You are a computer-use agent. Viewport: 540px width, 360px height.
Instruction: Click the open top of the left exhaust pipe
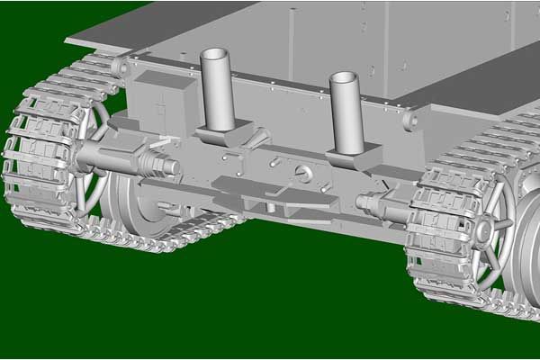[x=216, y=55]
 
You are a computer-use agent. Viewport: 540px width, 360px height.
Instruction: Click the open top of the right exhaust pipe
[x=346, y=78]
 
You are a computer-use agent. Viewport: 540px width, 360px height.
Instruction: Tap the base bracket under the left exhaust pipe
[x=220, y=135]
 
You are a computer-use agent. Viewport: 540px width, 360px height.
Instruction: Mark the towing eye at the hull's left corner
[x=120, y=65]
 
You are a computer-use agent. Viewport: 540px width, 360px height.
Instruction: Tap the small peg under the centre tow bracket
[x=271, y=206]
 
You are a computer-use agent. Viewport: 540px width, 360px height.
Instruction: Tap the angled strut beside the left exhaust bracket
[x=258, y=137]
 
